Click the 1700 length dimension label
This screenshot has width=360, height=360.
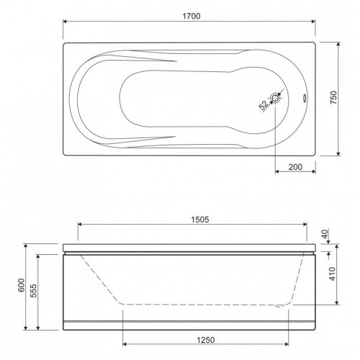point(192,16)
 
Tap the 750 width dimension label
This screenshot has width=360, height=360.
point(333,97)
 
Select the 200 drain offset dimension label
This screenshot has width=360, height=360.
point(295,167)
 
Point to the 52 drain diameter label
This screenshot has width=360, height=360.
point(264,105)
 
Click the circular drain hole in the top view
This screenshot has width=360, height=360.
point(275,98)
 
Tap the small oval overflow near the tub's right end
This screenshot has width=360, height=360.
point(305,99)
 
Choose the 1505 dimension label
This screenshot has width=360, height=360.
point(200,220)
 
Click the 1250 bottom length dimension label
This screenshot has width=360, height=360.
point(206,340)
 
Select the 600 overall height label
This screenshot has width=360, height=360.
point(22,285)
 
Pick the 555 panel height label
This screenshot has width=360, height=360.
point(33,291)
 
